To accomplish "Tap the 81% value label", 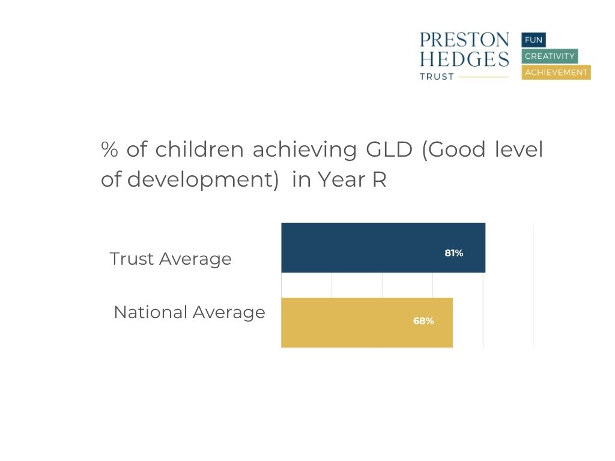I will point(453,253).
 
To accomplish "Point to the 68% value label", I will point(423,321).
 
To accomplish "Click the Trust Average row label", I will point(171,259).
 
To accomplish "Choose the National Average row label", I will point(189,312).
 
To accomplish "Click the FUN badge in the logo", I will point(533,40).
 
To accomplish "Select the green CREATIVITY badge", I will point(550,56).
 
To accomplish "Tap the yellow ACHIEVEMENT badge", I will point(556,73).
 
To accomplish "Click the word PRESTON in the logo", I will point(464,40).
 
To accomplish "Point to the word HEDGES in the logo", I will point(464,59).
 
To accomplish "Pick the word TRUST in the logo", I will point(437,77).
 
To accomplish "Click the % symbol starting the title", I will point(109,150).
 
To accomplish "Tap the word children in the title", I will point(199,150).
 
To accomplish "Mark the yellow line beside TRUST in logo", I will point(483,77).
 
